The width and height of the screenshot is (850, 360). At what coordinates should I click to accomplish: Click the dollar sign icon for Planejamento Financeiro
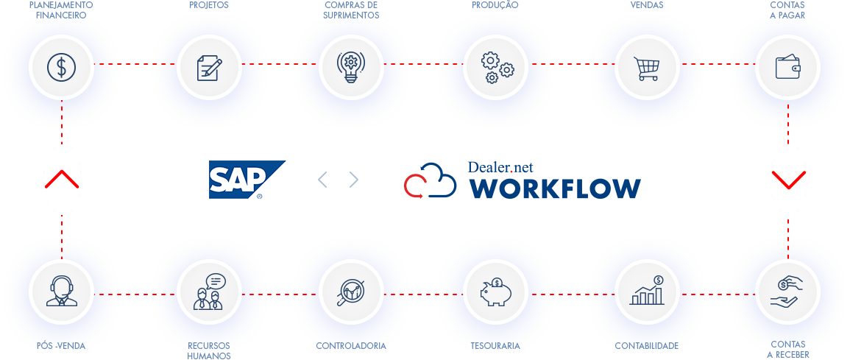pyautogui.click(x=61, y=67)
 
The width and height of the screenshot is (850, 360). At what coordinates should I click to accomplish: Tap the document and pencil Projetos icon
pyautogui.click(x=209, y=68)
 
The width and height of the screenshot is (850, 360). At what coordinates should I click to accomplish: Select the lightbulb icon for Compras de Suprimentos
pyautogui.click(x=351, y=67)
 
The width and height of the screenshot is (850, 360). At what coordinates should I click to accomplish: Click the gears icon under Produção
pyautogui.click(x=497, y=67)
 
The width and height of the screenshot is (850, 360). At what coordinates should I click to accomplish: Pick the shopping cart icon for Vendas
pyautogui.click(x=647, y=68)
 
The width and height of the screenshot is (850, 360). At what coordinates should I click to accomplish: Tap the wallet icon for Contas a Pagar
pyautogui.click(x=787, y=67)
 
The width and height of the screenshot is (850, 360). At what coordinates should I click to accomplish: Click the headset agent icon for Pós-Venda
pyautogui.click(x=61, y=292)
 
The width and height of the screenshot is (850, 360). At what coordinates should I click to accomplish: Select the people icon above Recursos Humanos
pyautogui.click(x=209, y=292)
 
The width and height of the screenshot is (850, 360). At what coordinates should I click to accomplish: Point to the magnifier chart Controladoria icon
pyautogui.click(x=351, y=293)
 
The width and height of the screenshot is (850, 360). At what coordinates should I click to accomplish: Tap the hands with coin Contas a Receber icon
pyautogui.click(x=787, y=292)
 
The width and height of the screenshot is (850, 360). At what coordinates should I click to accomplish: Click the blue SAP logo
pyautogui.click(x=247, y=180)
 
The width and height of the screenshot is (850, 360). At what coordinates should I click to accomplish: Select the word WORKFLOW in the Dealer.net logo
pyautogui.click(x=555, y=188)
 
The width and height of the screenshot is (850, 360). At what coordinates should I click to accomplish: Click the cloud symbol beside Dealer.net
pyautogui.click(x=431, y=180)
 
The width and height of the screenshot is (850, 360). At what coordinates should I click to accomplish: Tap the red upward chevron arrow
pyautogui.click(x=62, y=179)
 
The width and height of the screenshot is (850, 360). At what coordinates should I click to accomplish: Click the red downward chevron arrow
pyautogui.click(x=788, y=180)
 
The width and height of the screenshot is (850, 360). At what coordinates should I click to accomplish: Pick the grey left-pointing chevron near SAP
pyautogui.click(x=322, y=180)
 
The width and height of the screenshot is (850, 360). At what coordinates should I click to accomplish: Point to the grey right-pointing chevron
pyautogui.click(x=354, y=180)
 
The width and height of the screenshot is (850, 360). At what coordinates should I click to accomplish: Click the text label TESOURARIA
pyautogui.click(x=495, y=346)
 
